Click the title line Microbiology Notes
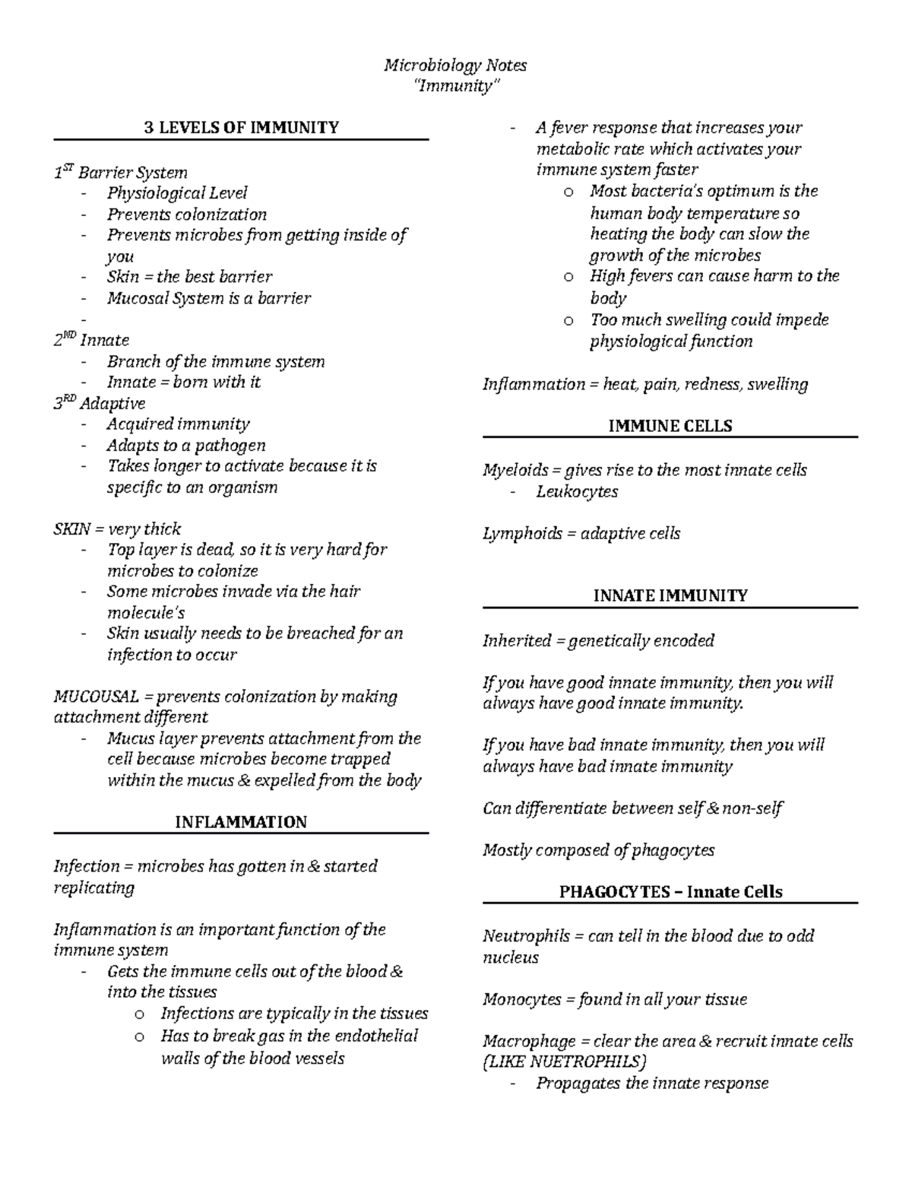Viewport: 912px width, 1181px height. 454,65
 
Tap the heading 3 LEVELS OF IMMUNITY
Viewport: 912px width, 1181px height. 242,128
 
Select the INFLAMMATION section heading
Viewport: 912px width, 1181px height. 241,822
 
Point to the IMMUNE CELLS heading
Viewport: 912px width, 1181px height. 670,426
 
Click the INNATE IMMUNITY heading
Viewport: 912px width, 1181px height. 670,596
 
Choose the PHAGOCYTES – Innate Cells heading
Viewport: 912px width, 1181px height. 670,892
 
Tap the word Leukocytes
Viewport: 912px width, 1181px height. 577,491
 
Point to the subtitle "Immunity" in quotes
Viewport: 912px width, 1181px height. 455,86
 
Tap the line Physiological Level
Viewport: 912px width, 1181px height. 177,193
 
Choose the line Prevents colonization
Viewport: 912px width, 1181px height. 187,214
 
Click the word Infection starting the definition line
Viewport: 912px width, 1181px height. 86,866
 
